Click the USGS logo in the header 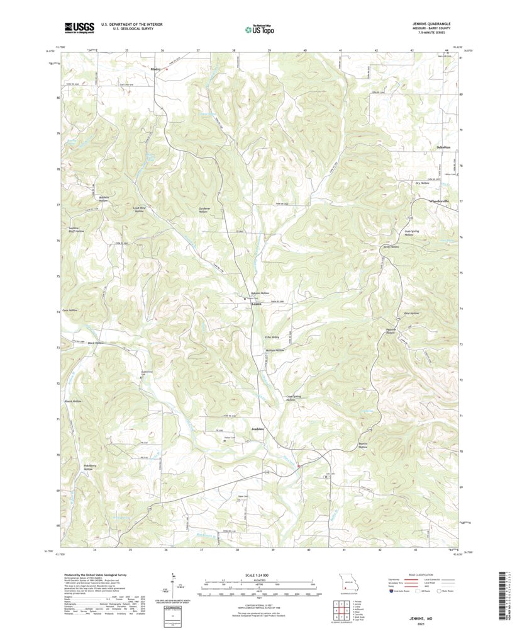coord(79,27)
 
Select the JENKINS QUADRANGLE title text coord(431,24)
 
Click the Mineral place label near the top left coord(156,68)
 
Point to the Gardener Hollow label coord(203,210)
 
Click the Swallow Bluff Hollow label coord(77,230)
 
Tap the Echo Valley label coord(272,337)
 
